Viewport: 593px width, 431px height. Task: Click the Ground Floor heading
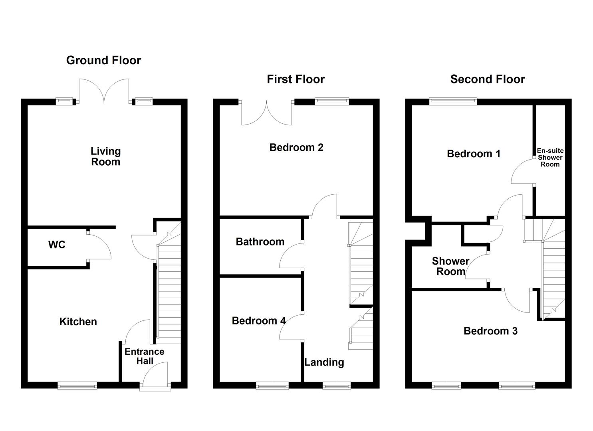(x=103, y=60)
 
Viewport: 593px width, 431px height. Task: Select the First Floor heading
(x=296, y=79)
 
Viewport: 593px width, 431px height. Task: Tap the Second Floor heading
(x=487, y=79)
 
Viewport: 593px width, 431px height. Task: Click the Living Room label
(x=105, y=156)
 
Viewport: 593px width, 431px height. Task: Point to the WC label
(x=57, y=245)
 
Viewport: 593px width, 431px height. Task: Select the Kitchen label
(x=78, y=322)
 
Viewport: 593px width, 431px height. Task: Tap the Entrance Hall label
(x=145, y=356)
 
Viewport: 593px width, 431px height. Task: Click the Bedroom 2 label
(x=296, y=147)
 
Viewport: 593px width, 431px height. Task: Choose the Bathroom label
(x=260, y=241)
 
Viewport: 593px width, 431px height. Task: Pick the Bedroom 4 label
(x=259, y=321)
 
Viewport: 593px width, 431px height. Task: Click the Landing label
(x=324, y=362)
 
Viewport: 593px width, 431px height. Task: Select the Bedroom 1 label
(x=473, y=154)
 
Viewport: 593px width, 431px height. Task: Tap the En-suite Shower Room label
(x=550, y=157)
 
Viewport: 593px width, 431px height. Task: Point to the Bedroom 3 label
(x=490, y=331)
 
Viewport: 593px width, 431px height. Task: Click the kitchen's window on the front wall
(x=77, y=385)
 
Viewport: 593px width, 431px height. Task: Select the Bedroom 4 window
(x=272, y=385)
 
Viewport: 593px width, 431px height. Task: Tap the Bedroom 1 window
(x=453, y=102)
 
